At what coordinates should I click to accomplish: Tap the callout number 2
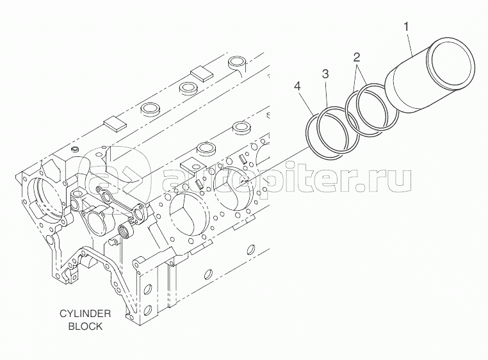click(357, 58)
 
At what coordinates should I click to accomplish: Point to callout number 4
click(297, 86)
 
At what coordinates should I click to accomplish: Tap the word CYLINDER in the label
click(85, 314)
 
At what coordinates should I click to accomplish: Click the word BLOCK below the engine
click(85, 325)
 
